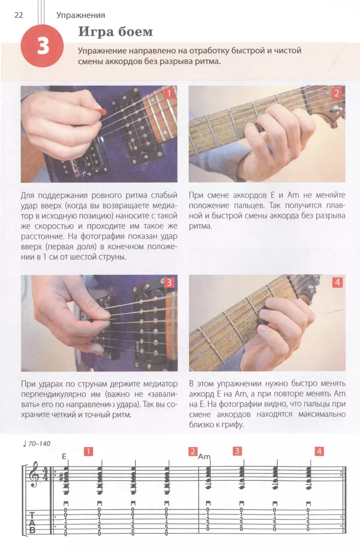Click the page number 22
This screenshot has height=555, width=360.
(18, 15)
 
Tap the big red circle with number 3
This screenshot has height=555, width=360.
(42, 46)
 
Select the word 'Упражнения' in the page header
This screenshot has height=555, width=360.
(81, 15)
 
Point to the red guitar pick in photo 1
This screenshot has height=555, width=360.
(102, 111)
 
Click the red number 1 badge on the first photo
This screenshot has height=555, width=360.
(169, 93)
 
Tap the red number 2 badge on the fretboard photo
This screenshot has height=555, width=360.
(337, 93)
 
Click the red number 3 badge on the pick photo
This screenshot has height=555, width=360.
(169, 283)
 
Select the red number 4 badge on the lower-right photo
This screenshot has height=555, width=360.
(337, 282)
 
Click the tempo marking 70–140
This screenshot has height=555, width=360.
(39, 444)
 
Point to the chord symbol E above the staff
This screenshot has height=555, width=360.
(64, 456)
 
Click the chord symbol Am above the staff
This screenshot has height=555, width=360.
(204, 456)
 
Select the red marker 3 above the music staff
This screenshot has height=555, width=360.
(237, 451)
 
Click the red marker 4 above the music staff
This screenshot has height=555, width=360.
(319, 451)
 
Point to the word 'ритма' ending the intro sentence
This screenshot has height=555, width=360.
(208, 62)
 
